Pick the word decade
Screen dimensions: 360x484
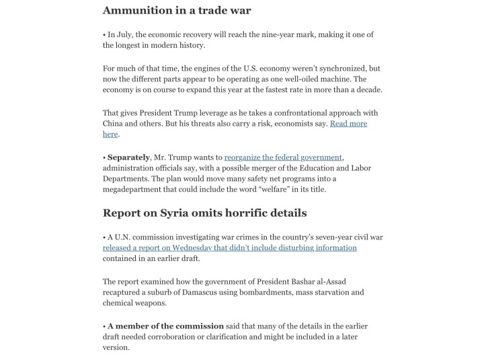coord(387,90)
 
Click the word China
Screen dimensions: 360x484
coord(115,124)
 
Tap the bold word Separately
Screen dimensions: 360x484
coord(128,157)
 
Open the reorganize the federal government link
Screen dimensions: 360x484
coord(283,157)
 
